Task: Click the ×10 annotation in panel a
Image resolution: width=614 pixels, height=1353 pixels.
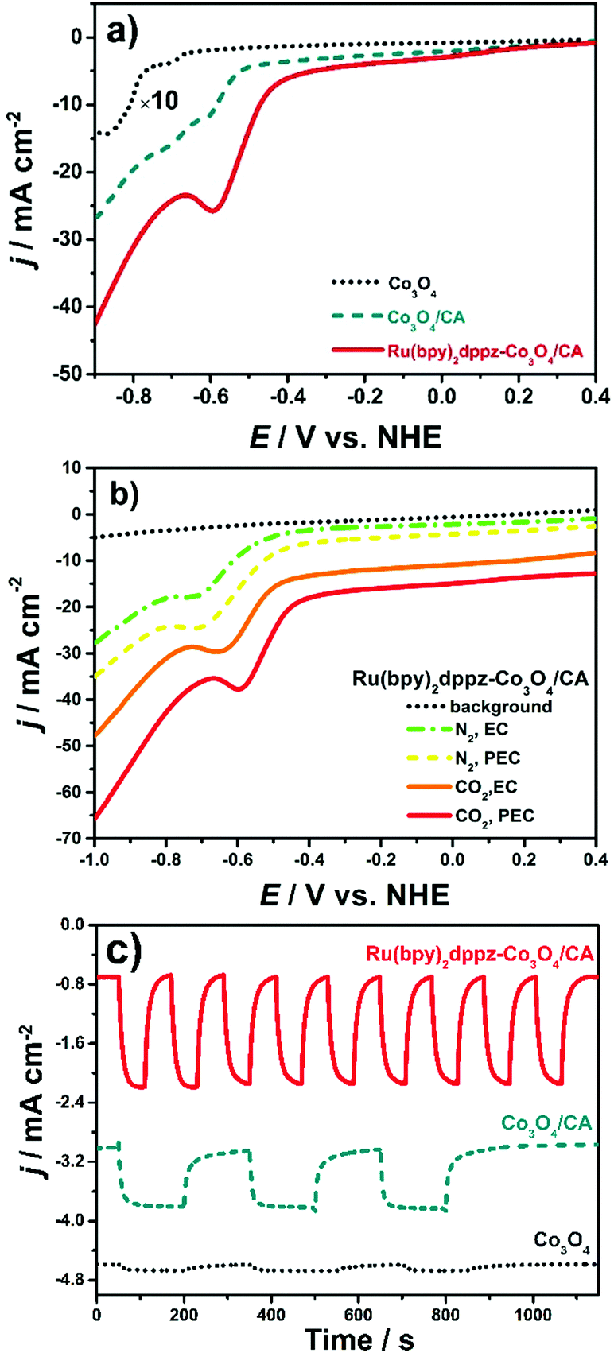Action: click(x=158, y=102)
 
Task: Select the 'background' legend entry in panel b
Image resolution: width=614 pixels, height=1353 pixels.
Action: click(x=501, y=706)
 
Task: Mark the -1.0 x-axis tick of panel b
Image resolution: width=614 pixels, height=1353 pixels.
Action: click(x=95, y=859)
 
